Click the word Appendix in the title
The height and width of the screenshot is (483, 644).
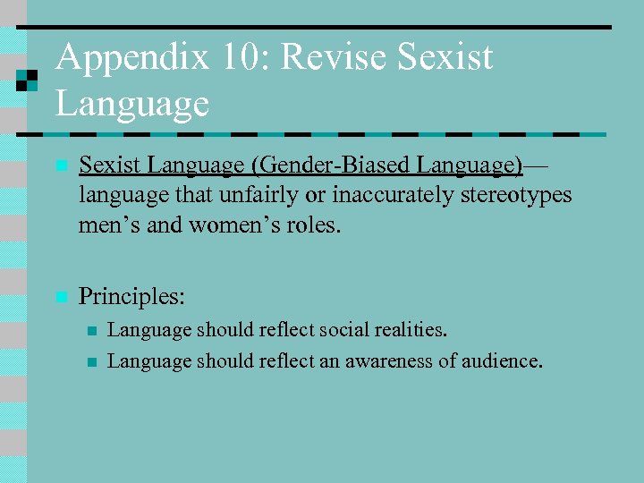pos(132,59)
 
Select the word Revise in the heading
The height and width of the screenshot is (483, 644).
pos(335,59)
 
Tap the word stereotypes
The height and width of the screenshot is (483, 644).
pos(520,194)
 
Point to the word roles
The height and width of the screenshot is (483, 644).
pos(312,224)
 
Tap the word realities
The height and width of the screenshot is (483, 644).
pos(406,330)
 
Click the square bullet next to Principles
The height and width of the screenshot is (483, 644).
pos(60,296)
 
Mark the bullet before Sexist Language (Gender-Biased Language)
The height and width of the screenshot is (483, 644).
pos(60,166)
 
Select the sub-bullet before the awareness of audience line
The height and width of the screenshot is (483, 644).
pos(90,362)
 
